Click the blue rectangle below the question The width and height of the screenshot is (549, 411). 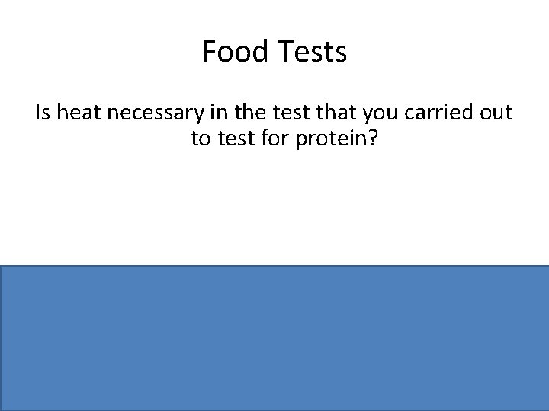coord(274,338)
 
